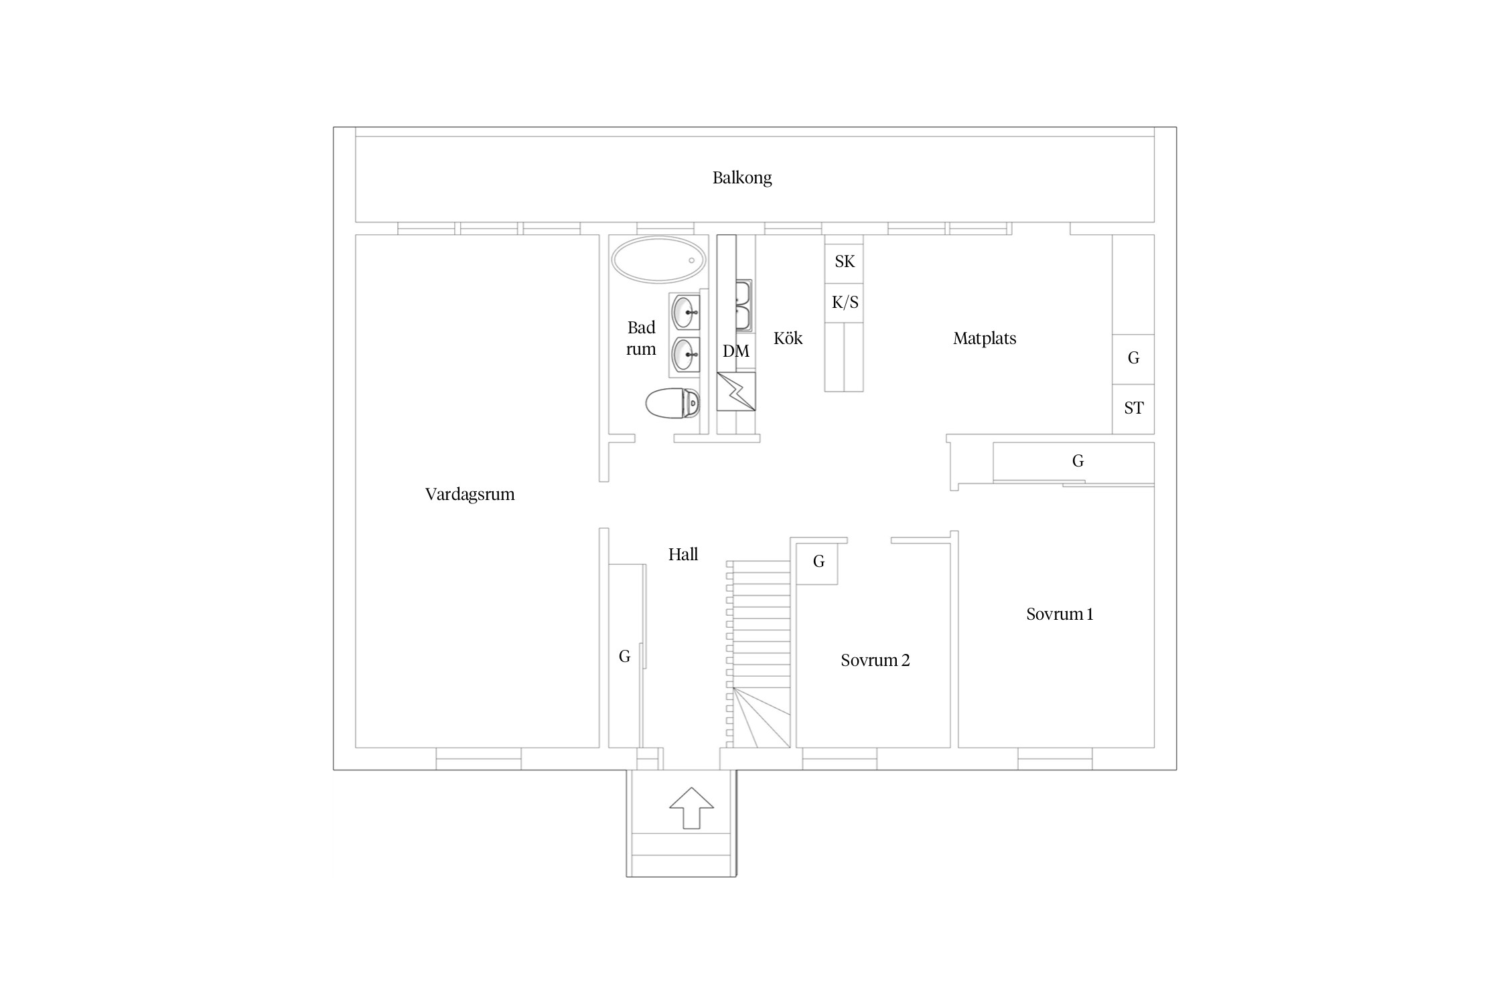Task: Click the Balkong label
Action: [x=741, y=178]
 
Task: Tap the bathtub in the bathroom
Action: [x=658, y=260]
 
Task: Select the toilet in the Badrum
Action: [x=672, y=404]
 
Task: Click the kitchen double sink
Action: [x=743, y=307]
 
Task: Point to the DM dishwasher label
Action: [x=735, y=351]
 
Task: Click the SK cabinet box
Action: [x=844, y=262]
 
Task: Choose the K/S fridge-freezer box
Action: [x=844, y=303]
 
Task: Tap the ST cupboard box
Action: [x=1133, y=408]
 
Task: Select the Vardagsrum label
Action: [x=470, y=495]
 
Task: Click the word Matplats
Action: [x=984, y=339]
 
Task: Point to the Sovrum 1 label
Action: [x=1059, y=614]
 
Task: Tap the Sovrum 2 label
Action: [x=875, y=661]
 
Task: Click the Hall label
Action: [x=683, y=555]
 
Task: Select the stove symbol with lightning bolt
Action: [x=736, y=392]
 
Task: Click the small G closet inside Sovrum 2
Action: [x=818, y=562]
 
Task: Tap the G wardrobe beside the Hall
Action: [x=624, y=657]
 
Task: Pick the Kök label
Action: [x=788, y=339]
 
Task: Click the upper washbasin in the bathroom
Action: [x=685, y=312]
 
